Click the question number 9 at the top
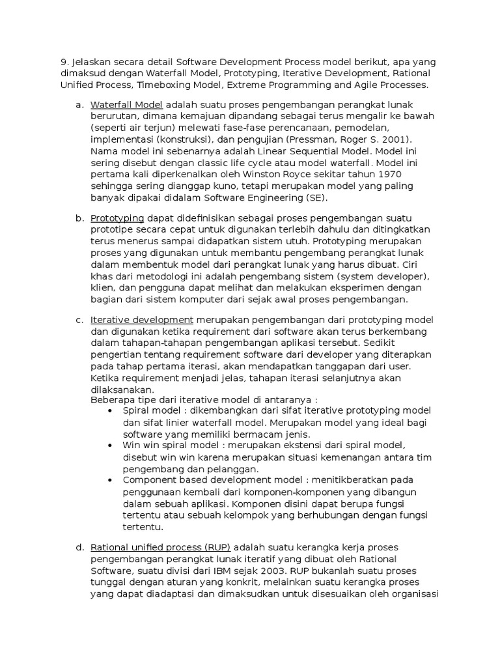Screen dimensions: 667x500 [x=64, y=61]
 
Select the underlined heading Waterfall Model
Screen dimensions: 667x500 [x=127, y=105]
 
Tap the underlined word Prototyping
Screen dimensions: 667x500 [x=118, y=218]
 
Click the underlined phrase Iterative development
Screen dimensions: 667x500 [x=142, y=319]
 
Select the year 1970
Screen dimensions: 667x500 [x=387, y=175]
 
